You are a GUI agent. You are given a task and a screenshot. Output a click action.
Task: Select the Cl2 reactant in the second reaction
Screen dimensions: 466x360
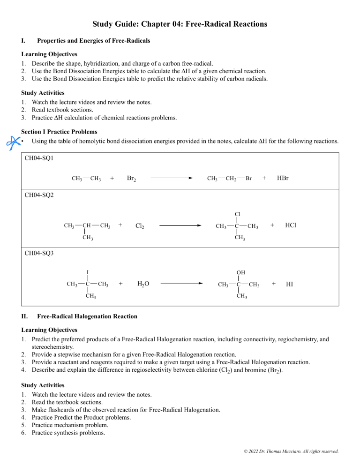click(x=139, y=226)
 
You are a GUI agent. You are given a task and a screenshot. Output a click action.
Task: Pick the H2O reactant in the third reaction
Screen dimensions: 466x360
click(x=143, y=284)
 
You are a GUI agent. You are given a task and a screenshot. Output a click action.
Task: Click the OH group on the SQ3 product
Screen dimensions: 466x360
click(x=240, y=272)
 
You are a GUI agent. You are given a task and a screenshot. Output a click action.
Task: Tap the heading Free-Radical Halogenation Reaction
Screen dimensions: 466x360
click(x=87, y=316)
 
